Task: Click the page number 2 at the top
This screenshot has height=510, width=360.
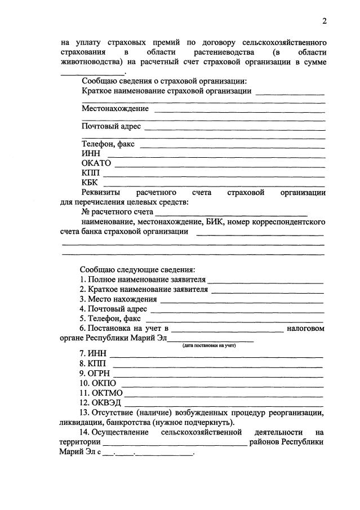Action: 324,21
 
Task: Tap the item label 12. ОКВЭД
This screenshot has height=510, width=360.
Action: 100,402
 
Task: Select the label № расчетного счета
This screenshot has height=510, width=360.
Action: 117,212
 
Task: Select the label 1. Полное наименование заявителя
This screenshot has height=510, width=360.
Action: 143,280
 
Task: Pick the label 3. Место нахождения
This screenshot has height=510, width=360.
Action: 118,299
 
